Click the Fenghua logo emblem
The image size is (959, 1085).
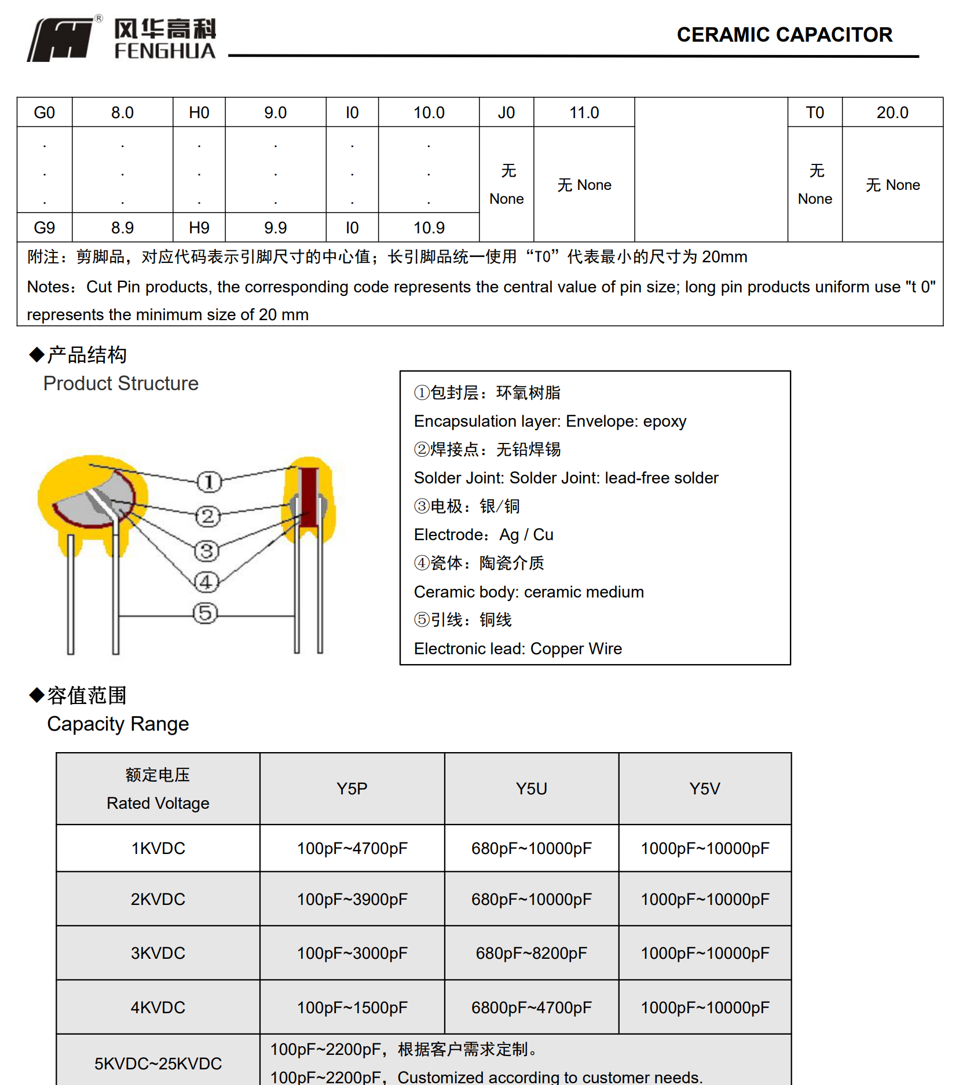[x=61, y=39]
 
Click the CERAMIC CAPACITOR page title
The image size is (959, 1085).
[x=784, y=35]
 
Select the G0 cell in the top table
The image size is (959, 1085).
[x=45, y=112]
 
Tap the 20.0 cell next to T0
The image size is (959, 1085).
[x=892, y=112]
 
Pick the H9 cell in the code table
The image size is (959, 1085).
[x=199, y=228]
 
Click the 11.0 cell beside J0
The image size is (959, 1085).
[x=584, y=112]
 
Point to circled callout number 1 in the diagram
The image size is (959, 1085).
[x=209, y=482]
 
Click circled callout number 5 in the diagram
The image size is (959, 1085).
[x=206, y=613]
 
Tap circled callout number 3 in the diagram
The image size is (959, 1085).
[x=207, y=551]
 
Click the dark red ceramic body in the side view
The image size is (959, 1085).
[x=309, y=498]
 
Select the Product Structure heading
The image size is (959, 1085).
[x=120, y=383]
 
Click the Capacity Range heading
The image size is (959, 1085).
[x=118, y=724]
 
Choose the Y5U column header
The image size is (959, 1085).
[x=531, y=789]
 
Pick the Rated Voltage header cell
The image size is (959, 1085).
[x=158, y=789]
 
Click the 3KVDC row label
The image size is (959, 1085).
[x=158, y=953]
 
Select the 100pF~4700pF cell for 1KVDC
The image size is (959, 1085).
[x=352, y=848]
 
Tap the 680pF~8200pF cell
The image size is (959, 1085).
[x=531, y=953]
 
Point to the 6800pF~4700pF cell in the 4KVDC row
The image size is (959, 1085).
[x=531, y=1007]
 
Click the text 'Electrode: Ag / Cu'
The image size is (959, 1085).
[x=484, y=534]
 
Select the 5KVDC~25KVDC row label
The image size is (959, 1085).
[x=158, y=1064]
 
